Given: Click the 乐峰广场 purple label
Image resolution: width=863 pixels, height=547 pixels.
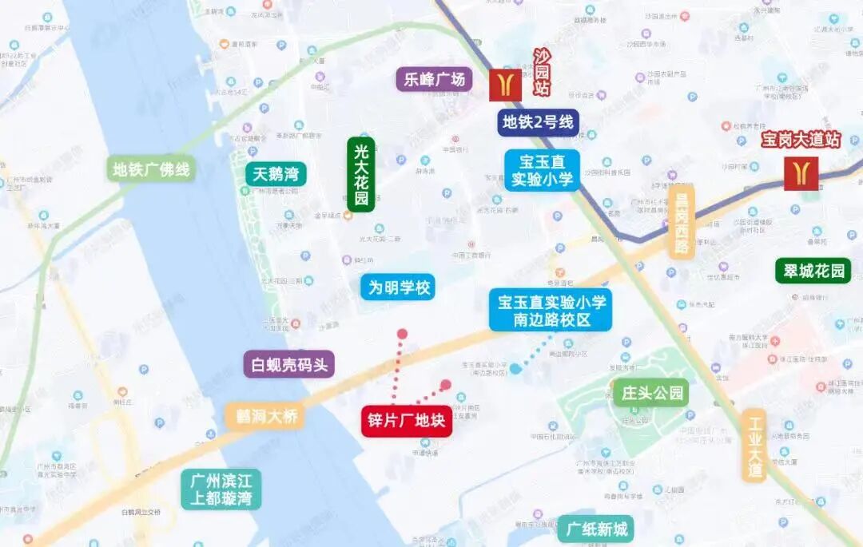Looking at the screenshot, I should (434, 79).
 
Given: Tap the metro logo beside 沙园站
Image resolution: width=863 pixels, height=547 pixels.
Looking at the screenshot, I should (505, 85).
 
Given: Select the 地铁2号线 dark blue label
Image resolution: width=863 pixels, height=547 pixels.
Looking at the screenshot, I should (537, 122).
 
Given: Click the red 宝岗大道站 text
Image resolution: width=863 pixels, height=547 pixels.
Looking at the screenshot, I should (800, 140).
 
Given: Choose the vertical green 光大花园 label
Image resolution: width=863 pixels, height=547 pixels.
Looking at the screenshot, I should (361, 174).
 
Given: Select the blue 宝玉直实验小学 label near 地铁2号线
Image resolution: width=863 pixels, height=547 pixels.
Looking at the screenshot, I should (543, 169).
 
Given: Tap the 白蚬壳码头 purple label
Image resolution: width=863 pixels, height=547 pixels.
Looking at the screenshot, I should (288, 365).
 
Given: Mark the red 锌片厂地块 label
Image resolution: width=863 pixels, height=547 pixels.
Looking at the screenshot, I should (407, 421).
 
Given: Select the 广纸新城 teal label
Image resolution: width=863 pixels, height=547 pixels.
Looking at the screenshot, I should (597, 529).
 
